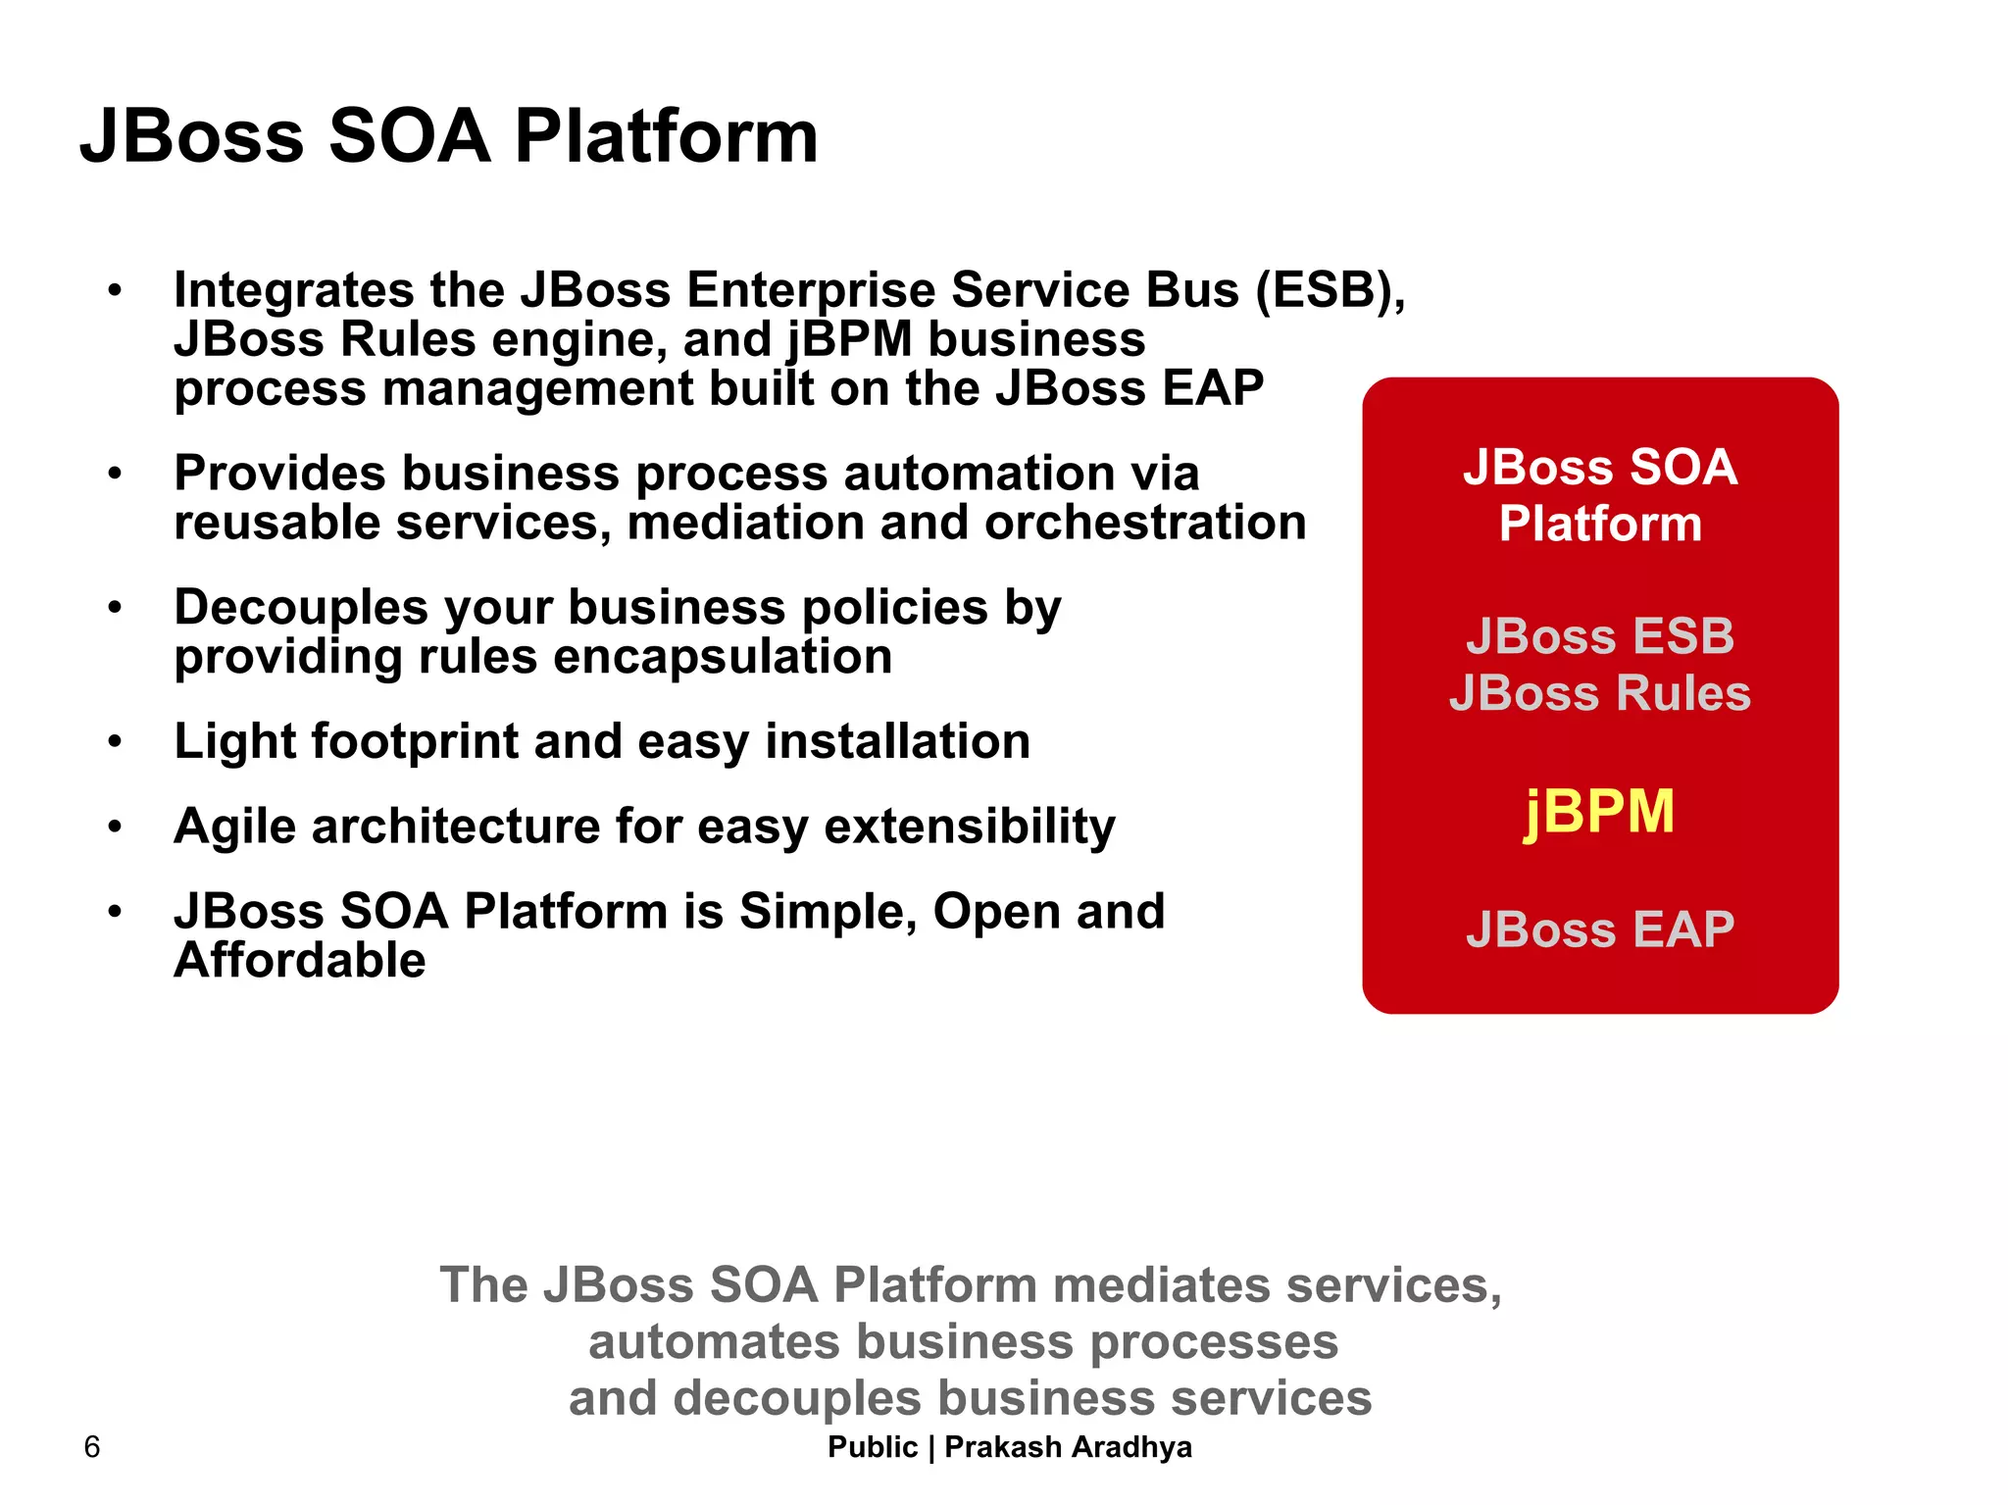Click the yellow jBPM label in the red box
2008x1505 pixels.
pyautogui.click(x=1599, y=813)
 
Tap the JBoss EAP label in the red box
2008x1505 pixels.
pyautogui.click(x=1599, y=928)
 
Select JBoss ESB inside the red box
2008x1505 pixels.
pyautogui.click(x=1599, y=636)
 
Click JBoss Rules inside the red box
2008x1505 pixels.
pyautogui.click(x=1599, y=693)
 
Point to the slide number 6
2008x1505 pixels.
pyautogui.click(x=92, y=1447)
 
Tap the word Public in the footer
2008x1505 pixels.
pyautogui.click(x=872, y=1447)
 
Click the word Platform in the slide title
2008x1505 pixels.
pyautogui.click(x=666, y=136)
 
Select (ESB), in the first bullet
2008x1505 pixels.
pyautogui.click(x=1330, y=290)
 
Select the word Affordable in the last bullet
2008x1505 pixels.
pyautogui.click(x=300, y=960)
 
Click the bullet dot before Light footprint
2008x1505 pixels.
pyautogui.click(x=116, y=742)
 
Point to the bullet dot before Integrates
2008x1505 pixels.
pyautogui.click(x=116, y=291)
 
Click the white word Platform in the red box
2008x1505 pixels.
pyautogui.click(x=1599, y=524)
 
